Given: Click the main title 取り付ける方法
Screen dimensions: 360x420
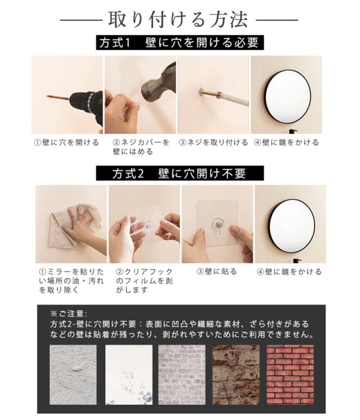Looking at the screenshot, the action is [178, 19].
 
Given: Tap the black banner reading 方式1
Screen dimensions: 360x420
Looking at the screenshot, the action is [180, 43].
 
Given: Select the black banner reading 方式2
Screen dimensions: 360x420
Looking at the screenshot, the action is [180, 173].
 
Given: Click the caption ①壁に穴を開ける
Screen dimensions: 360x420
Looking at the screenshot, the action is [66, 142].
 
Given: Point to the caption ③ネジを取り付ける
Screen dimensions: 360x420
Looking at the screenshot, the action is [213, 142].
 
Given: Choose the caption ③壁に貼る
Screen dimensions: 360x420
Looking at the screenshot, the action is [217, 272].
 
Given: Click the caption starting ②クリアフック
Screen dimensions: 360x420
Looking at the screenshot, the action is [144, 281].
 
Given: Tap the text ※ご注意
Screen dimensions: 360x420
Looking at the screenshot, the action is [69, 313].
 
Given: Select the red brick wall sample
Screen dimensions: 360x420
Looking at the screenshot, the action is [290, 374].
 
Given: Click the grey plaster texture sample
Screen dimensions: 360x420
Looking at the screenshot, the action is [73, 374].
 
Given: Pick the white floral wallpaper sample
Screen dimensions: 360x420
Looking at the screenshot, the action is [129, 374].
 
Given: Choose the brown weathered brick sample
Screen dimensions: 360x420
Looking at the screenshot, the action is [236, 374].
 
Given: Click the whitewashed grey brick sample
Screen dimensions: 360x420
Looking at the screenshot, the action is [182, 374].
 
